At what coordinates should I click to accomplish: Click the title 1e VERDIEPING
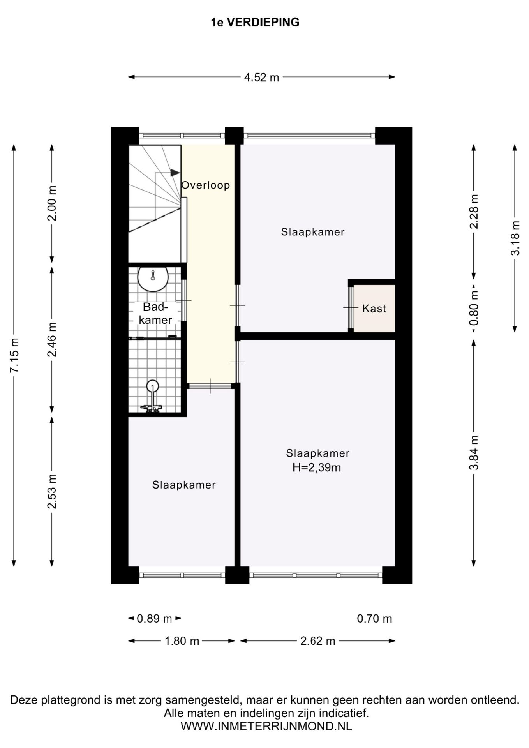(255, 23)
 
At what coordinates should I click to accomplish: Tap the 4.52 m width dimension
(261, 78)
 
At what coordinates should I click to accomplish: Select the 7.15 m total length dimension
(14, 355)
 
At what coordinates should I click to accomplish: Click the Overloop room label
(206, 185)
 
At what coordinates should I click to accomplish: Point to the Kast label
(374, 309)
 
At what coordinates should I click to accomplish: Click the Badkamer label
(155, 313)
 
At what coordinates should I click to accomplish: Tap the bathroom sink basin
(153, 279)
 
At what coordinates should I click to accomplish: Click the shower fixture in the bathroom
(152, 396)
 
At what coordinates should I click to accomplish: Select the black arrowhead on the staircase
(175, 173)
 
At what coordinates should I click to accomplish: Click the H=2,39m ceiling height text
(317, 467)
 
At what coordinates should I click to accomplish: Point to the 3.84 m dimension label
(474, 452)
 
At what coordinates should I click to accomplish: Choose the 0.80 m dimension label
(474, 309)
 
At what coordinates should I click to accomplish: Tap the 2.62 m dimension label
(318, 641)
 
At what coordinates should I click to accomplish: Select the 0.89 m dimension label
(154, 618)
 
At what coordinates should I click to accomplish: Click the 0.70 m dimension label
(374, 618)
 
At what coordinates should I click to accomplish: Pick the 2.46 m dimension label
(52, 339)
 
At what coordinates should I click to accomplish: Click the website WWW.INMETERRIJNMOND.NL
(266, 726)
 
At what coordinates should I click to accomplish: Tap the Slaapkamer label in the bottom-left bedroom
(184, 485)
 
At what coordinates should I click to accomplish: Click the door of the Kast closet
(351, 308)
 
